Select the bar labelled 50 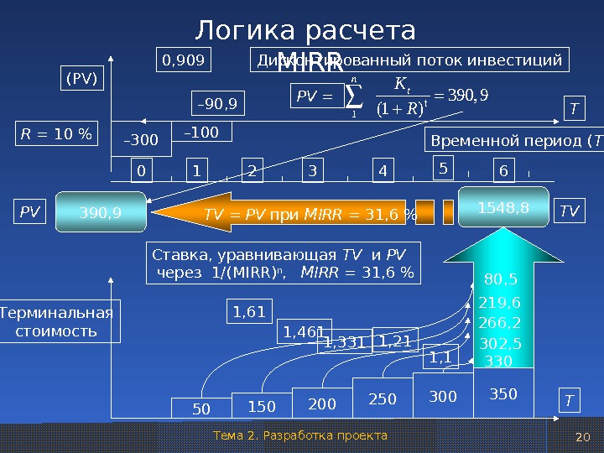[201, 409]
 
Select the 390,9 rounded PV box [100, 213]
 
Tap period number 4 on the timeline [383, 170]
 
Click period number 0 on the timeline [140, 170]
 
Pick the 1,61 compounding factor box [248, 312]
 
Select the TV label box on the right [570, 212]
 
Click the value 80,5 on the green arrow [501, 279]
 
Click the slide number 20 [584, 436]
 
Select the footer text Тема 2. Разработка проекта [300, 435]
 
